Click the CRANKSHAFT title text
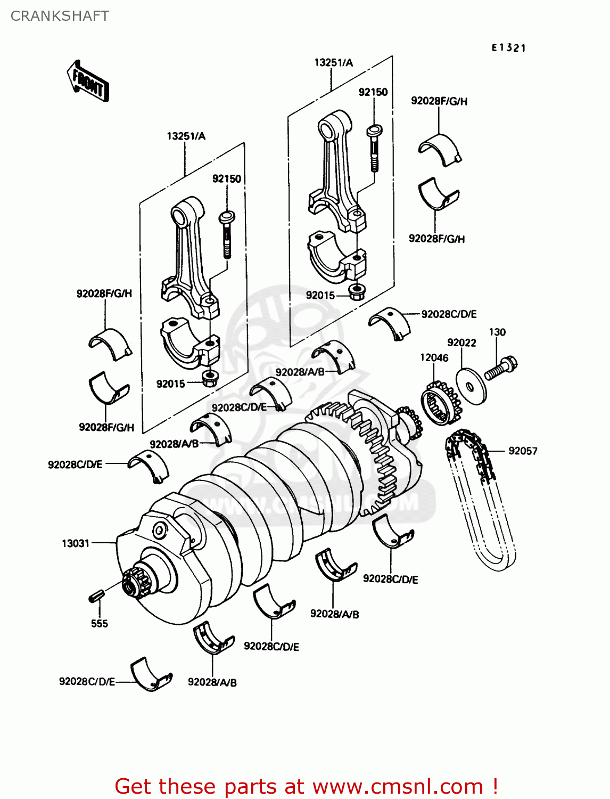(60, 16)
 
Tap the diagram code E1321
(508, 48)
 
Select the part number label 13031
(76, 543)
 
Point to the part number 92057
(522, 451)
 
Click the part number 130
(497, 332)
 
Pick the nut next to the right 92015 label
(356, 291)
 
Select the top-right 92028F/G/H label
(439, 101)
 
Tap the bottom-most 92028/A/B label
(212, 682)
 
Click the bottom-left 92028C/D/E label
(87, 682)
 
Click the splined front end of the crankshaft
(132, 584)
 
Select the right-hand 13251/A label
(333, 63)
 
